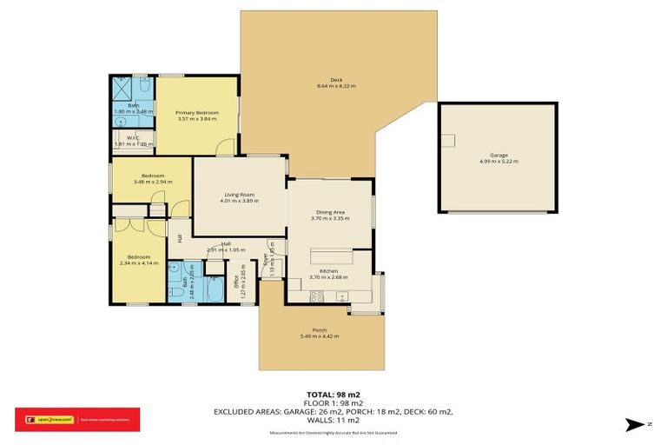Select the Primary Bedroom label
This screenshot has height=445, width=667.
tap(196, 113)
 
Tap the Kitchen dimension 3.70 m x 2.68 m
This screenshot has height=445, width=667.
tap(328, 278)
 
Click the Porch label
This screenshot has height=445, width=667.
tap(319, 329)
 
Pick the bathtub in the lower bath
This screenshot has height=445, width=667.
tap(213, 289)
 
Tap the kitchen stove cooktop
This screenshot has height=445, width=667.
tap(318, 296)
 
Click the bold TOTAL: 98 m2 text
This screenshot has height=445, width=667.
tap(333, 394)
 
